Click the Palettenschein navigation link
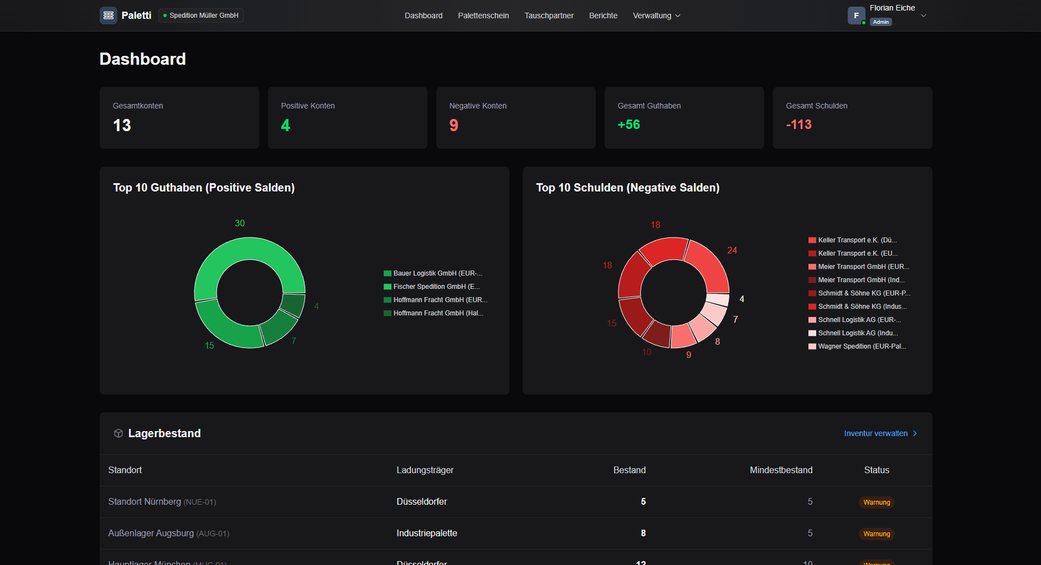pos(483,15)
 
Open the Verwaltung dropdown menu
pos(656,15)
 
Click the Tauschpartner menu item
pos(549,15)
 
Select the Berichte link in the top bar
pos(603,15)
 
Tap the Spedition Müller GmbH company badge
pos(200,15)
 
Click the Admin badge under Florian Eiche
pos(880,22)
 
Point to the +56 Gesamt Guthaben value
pos(628,125)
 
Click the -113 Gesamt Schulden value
pos(798,125)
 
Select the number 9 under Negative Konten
pos(453,125)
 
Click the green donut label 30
pos(240,223)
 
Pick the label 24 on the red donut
pos(732,250)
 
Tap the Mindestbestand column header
pos(781,470)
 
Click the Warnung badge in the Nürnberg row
pos(877,502)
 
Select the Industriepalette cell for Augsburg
pos(426,533)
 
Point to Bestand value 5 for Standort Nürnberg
pos(643,501)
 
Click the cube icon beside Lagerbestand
pos(118,433)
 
